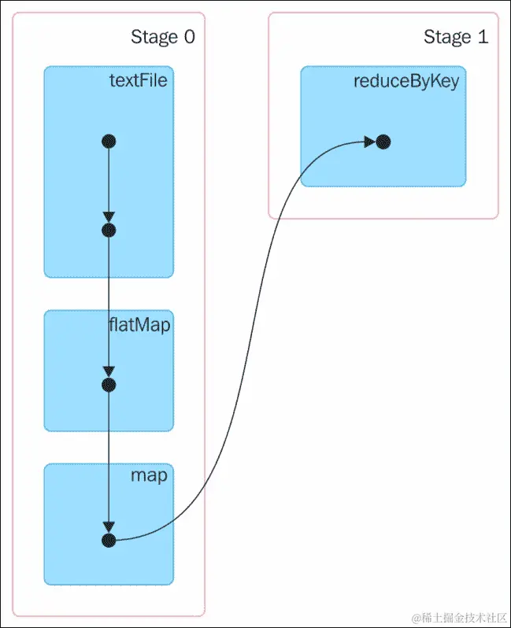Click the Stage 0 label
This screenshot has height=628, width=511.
162,36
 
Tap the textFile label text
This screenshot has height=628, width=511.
138,79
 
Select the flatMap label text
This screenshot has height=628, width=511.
139,323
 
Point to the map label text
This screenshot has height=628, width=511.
149,476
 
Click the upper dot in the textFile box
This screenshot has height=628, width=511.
109,142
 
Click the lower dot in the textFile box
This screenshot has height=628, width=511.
109,231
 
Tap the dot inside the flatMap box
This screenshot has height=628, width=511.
109,385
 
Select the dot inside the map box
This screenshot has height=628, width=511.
109,540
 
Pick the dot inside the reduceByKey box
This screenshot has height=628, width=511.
383,142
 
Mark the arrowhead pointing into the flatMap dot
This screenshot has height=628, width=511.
109,372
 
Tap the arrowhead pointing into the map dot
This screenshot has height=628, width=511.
109,527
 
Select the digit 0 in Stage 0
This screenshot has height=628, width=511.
188,36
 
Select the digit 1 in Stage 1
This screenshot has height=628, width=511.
483,36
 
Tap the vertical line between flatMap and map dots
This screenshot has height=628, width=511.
109,456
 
